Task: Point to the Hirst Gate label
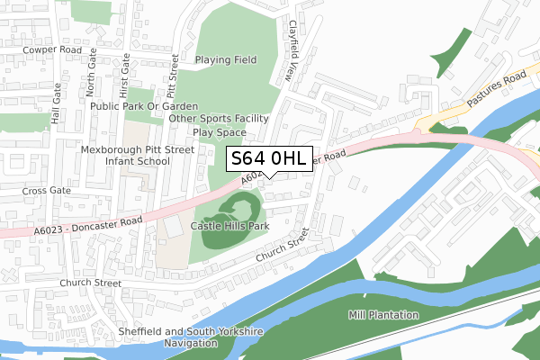click(125, 75)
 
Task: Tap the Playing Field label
click(226, 60)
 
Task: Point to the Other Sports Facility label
click(219, 118)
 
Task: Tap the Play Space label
click(220, 131)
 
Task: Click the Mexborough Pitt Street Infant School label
click(127, 155)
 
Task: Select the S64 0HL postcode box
click(270, 159)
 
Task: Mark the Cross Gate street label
click(46, 191)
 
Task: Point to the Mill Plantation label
click(383, 315)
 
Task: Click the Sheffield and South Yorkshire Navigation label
click(191, 337)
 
